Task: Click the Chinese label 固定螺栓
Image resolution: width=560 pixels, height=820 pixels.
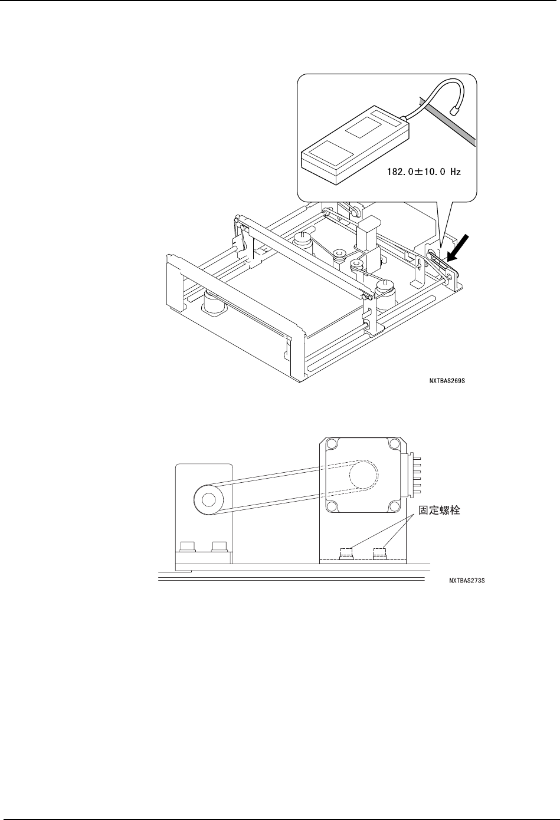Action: point(437,511)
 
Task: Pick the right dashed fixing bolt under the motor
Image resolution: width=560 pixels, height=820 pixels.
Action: point(379,554)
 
